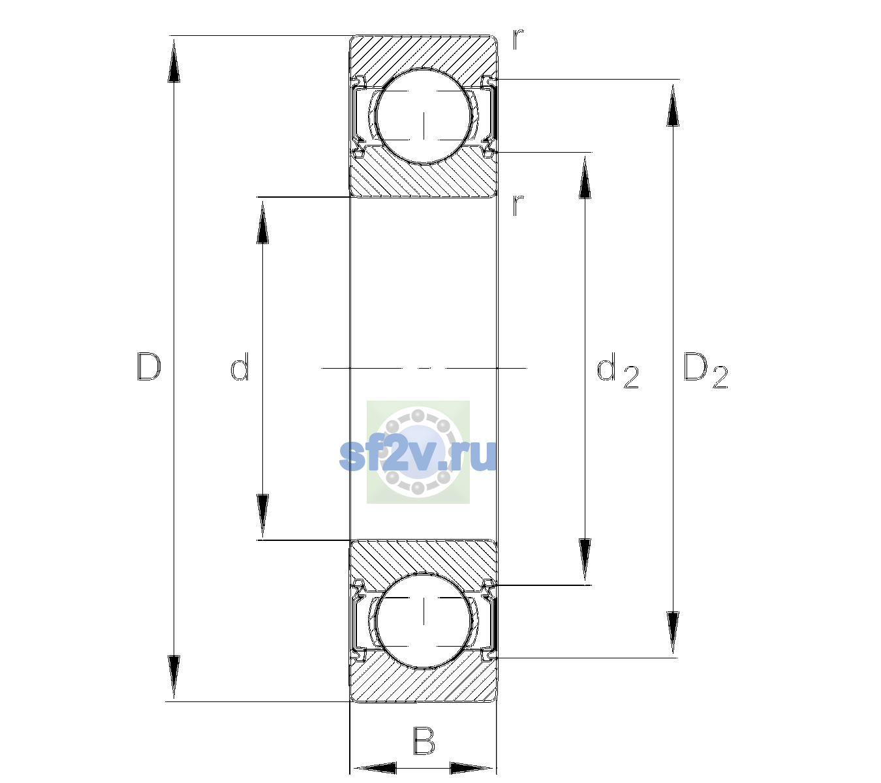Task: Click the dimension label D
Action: click(x=149, y=367)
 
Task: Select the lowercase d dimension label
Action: click(x=240, y=367)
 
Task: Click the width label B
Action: click(x=423, y=740)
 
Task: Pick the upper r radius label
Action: click(x=518, y=39)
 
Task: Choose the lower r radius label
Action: click(x=518, y=205)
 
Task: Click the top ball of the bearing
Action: click(x=424, y=116)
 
